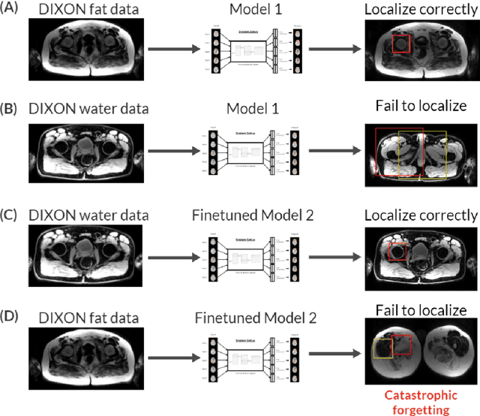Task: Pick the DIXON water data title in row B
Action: click(x=88, y=110)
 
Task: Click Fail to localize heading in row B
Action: click(x=421, y=106)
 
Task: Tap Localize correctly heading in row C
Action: click(x=421, y=216)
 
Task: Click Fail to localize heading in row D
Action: click(x=421, y=310)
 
